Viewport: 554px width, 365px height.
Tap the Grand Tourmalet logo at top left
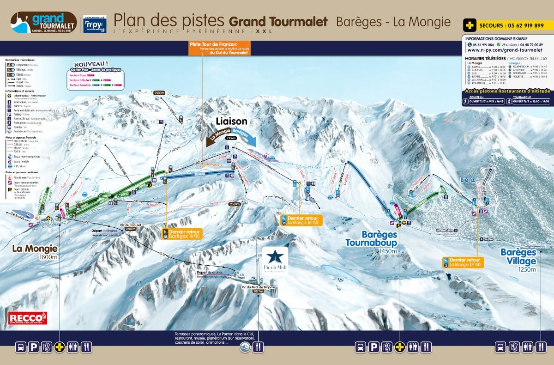43,23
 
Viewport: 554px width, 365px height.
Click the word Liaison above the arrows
231,122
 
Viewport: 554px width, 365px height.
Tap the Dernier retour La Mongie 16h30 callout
301,219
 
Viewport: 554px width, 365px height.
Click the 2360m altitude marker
235,203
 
